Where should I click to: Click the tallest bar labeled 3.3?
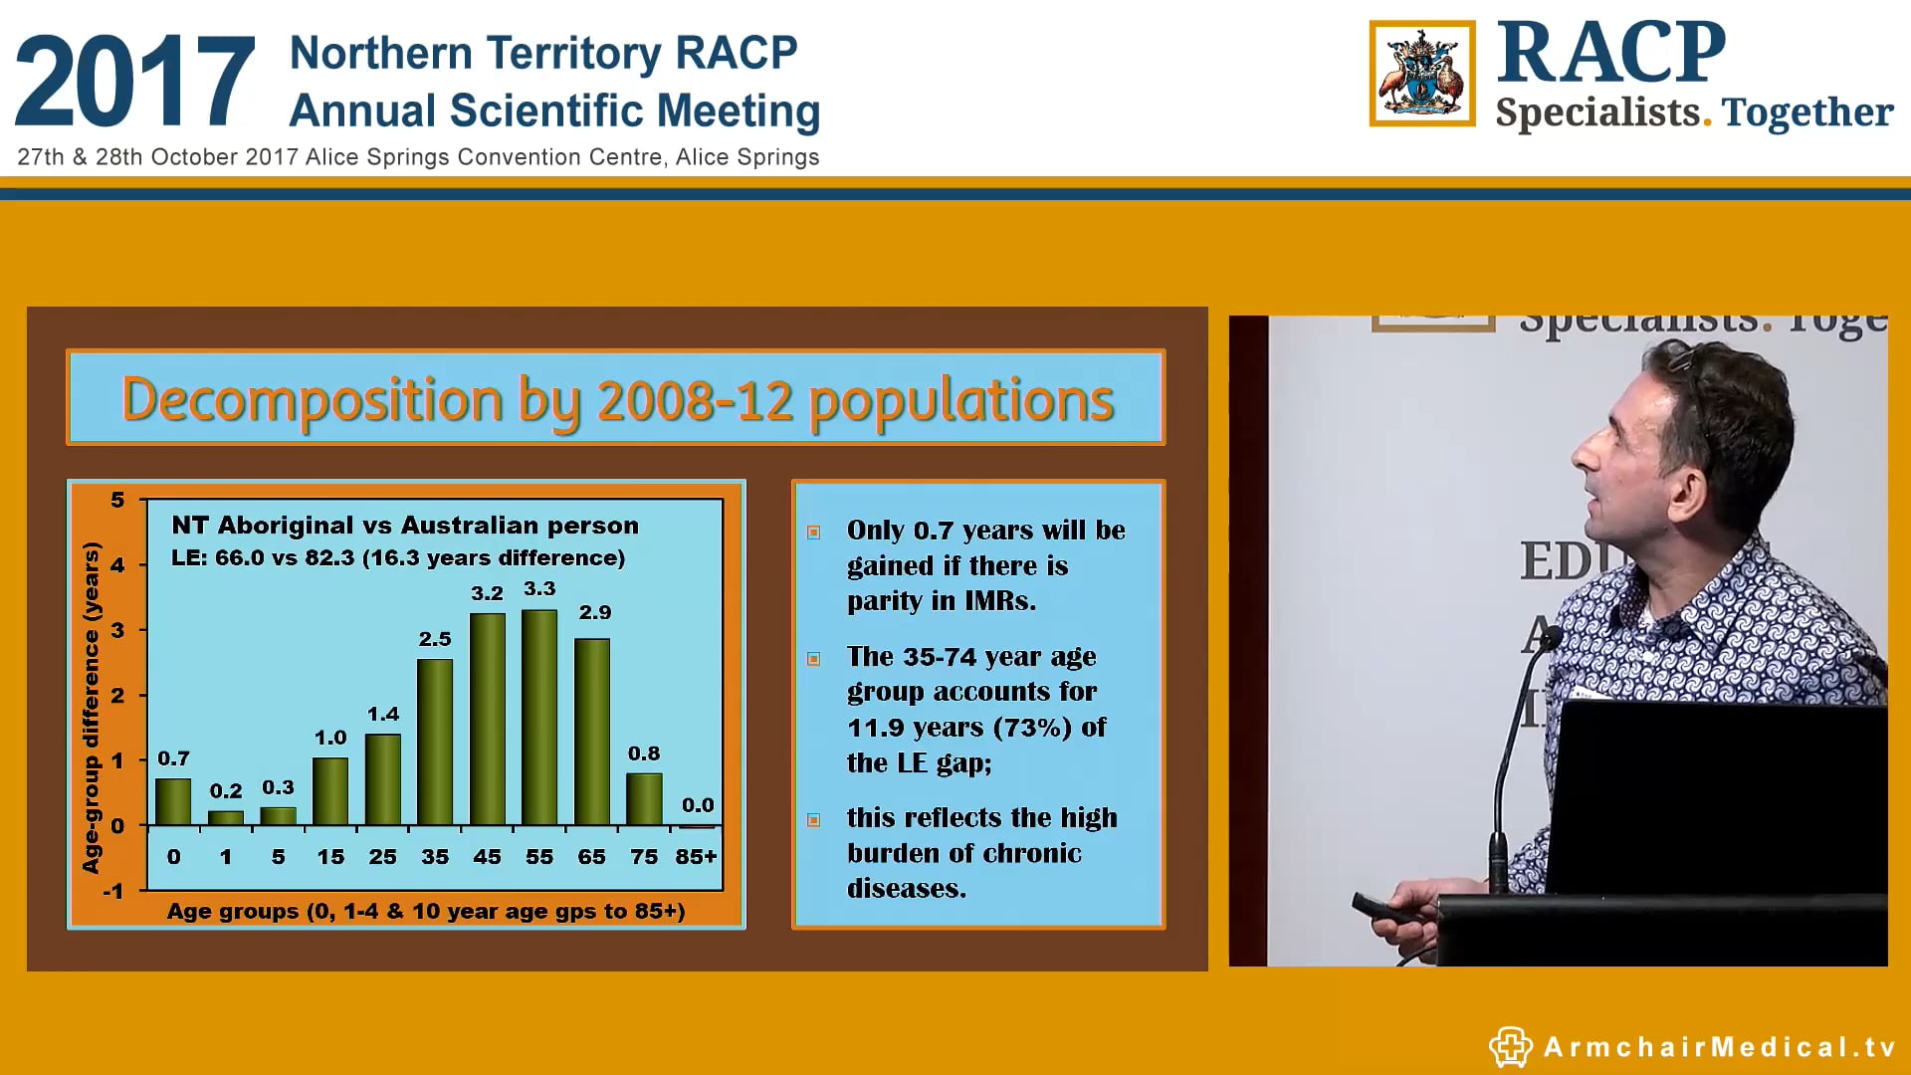click(x=539, y=717)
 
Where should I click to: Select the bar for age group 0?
click(x=173, y=801)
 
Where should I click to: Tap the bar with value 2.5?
click(x=435, y=742)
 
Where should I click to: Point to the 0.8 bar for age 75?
click(x=644, y=798)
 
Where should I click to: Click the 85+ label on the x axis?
click(x=696, y=857)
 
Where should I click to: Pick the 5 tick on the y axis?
click(x=117, y=500)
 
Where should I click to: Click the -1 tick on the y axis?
click(x=113, y=891)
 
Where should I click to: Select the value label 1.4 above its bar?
click(x=383, y=715)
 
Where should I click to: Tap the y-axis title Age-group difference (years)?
click(x=92, y=707)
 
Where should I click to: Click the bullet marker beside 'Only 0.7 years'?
click(x=814, y=533)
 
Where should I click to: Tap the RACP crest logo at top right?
click(x=1421, y=74)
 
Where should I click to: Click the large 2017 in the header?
click(x=134, y=82)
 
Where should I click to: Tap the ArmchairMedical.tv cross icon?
click(x=1510, y=1046)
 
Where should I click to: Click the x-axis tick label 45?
click(x=487, y=857)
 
